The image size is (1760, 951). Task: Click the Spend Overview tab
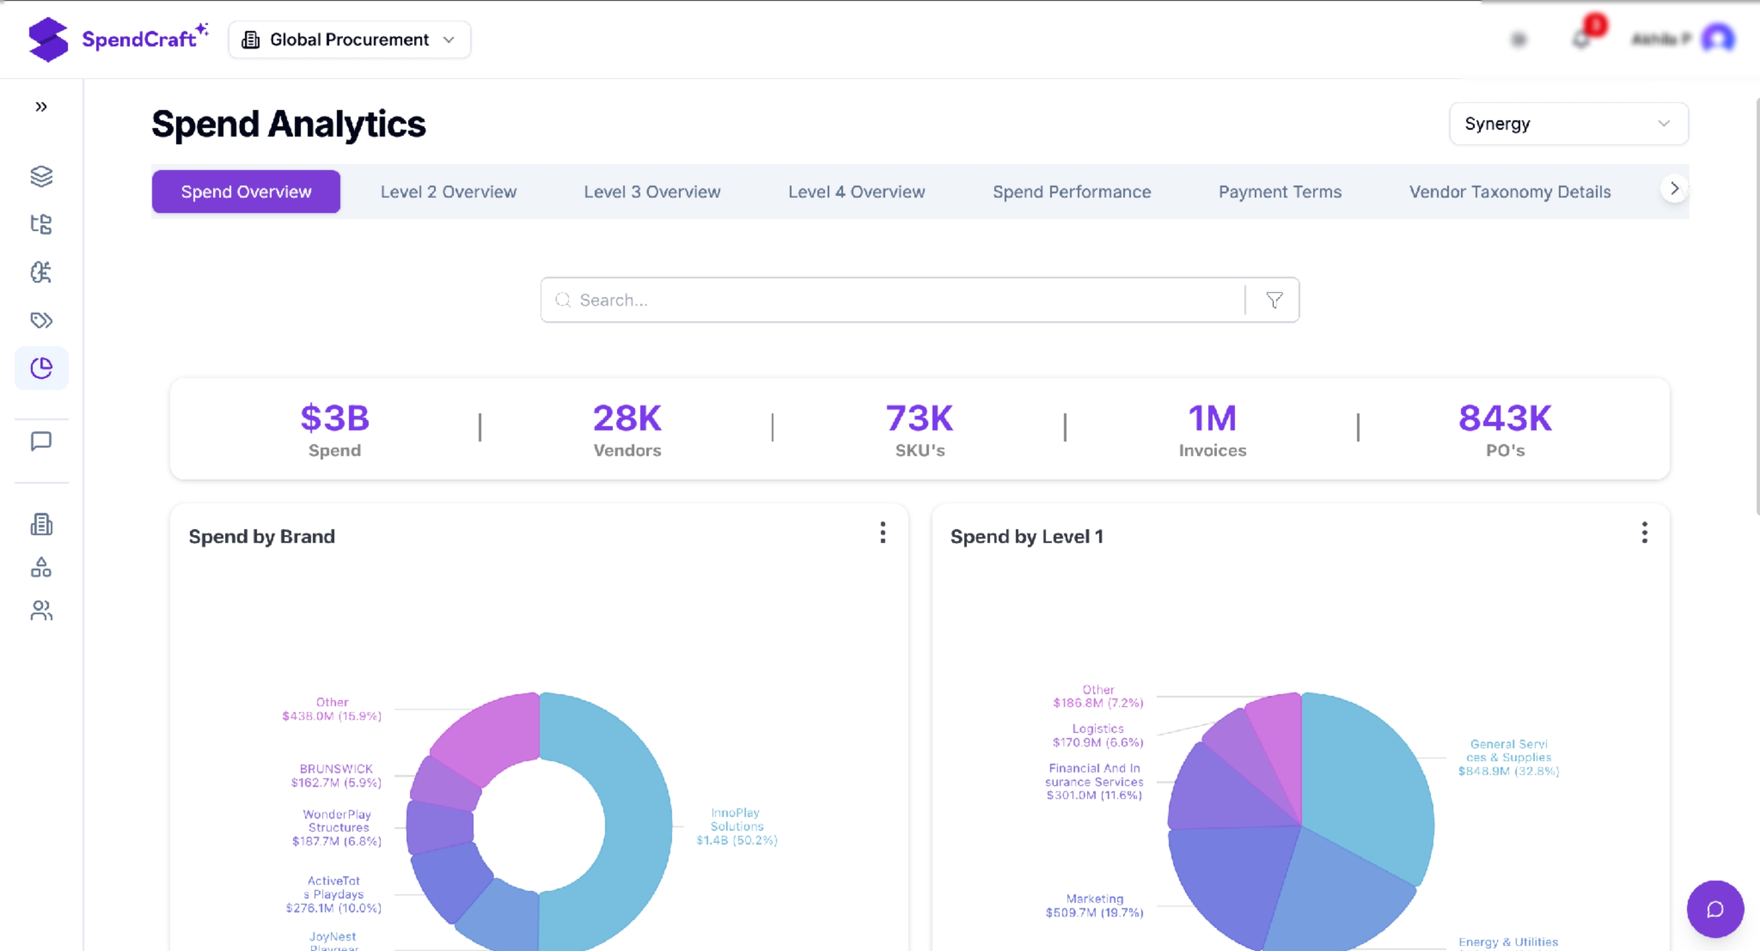tap(246, 192)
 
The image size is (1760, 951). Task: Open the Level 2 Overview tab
tap(448, 192)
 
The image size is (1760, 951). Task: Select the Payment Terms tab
tap(1280, 192)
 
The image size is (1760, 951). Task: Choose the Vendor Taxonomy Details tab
tap(1509, 192)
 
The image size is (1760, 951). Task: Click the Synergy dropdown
tap(1568, 124)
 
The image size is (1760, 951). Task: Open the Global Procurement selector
tap(349, 40)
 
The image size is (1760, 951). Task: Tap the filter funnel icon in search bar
tap(1274, 300)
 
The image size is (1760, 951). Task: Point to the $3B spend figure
tap(335, 418)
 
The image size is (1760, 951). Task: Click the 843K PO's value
tap(1504, 418)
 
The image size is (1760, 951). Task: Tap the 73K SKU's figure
tap(920, 418)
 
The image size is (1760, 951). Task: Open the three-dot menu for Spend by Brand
tap(883, 532)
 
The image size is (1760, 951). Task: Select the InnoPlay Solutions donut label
tap(736, 826)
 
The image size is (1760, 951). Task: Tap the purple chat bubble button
tap(1715, 908)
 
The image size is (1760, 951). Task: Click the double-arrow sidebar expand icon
tap(41, 107)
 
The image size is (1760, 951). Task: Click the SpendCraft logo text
tap(139, 40)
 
